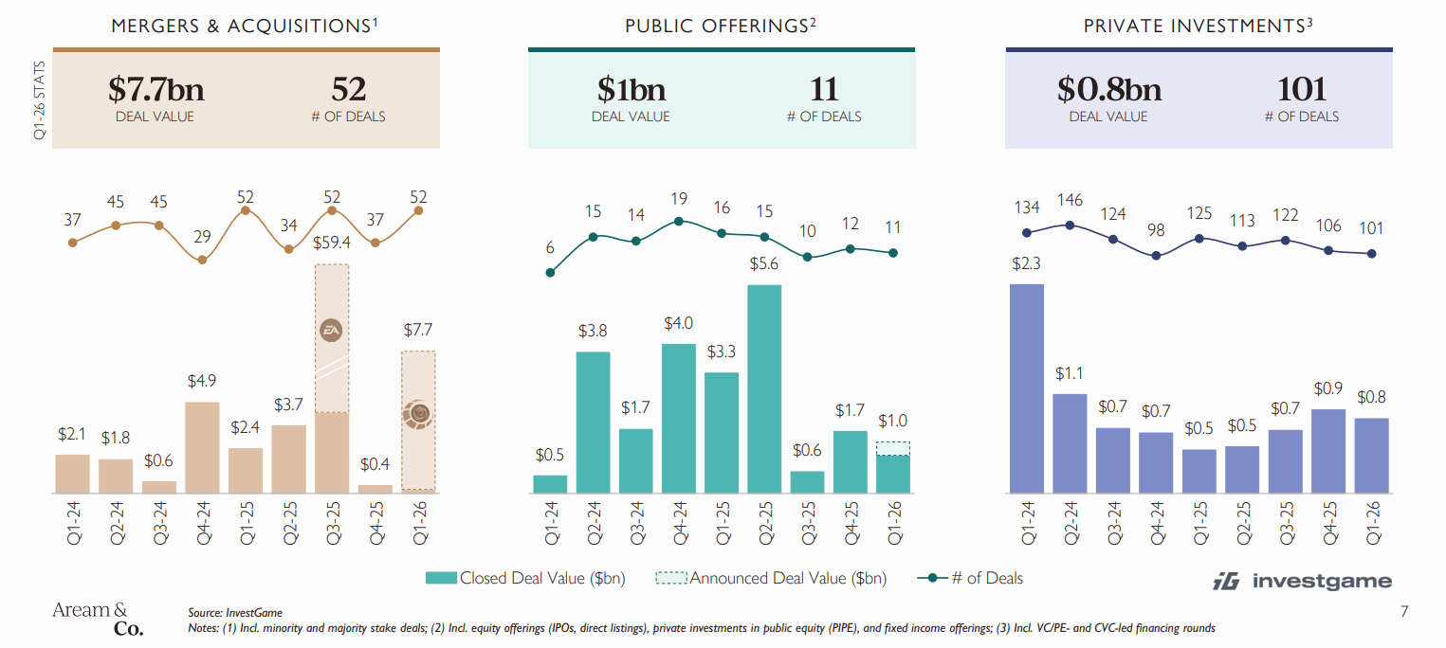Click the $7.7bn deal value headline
click(156, 90)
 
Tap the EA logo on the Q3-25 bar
click(332, 330)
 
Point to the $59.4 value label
click(332, 243)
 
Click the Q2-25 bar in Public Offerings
click(764, 388)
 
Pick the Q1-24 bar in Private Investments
click(1027, 388)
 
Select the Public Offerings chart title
click(721, 27)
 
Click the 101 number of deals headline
click(1301, 90)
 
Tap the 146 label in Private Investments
click(1070, 202)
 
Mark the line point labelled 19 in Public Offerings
click(679, 222)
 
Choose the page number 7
click(1404, 614)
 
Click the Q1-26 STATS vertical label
click(40, 101)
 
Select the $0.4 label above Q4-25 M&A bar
click(375, 464)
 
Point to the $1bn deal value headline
click(631, 90)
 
